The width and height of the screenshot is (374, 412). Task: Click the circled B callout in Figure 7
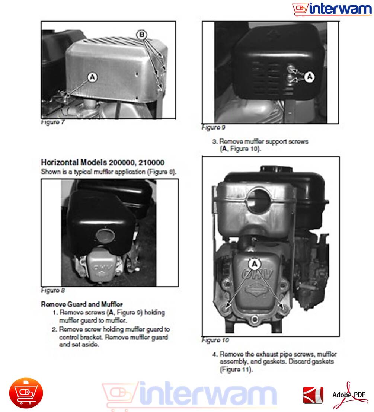141,35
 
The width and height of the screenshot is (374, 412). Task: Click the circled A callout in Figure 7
92,77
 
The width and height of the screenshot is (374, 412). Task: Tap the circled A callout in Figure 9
310,77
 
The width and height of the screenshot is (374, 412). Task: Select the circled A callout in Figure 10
255,264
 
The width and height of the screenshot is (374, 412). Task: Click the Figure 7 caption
53,122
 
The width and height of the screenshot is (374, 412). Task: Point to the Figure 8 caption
53,290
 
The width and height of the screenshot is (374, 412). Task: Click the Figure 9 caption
213,127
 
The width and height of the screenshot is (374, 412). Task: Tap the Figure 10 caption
215,340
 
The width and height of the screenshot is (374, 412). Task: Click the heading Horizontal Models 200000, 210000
103,162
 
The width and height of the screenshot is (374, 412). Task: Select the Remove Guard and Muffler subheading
81,304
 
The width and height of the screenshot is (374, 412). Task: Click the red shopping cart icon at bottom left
26,393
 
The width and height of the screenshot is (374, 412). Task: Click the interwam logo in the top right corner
332,9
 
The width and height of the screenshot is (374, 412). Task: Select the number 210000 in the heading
151,162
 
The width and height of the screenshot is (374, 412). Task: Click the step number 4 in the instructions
215,354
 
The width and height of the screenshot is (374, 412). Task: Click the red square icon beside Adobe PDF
313,395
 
